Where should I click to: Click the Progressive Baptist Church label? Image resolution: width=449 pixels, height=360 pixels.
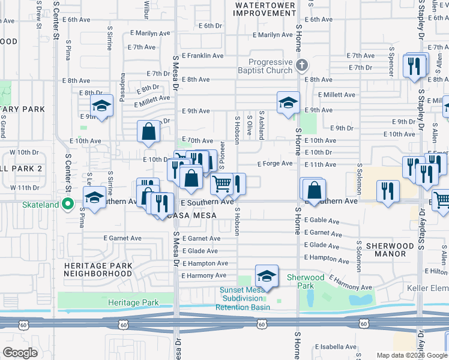(270, 67)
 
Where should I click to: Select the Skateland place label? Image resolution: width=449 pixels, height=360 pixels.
(41, 205)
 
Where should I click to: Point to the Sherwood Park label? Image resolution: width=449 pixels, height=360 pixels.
(305, 281)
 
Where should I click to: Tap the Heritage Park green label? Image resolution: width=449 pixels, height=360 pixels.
(133, 302)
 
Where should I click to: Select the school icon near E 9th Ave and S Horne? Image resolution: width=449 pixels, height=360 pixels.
(288, 103)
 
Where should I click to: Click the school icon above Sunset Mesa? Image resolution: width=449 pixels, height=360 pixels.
(267, 276)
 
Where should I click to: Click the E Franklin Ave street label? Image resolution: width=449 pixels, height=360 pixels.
(202, 56)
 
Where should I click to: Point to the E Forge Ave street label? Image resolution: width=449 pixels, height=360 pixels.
(274, 164)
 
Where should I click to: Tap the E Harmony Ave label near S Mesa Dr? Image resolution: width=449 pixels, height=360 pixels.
(204, 275)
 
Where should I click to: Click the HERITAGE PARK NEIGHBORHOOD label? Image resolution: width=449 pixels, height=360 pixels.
(98, 269)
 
